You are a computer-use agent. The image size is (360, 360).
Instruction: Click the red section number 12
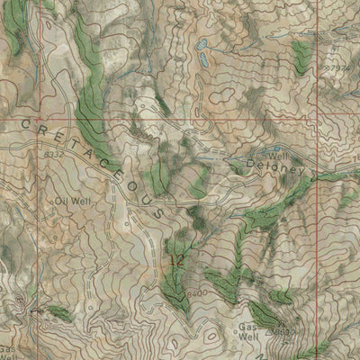176,260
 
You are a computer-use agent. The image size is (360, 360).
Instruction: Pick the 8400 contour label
200,294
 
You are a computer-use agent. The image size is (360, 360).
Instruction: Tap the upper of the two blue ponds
202,42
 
